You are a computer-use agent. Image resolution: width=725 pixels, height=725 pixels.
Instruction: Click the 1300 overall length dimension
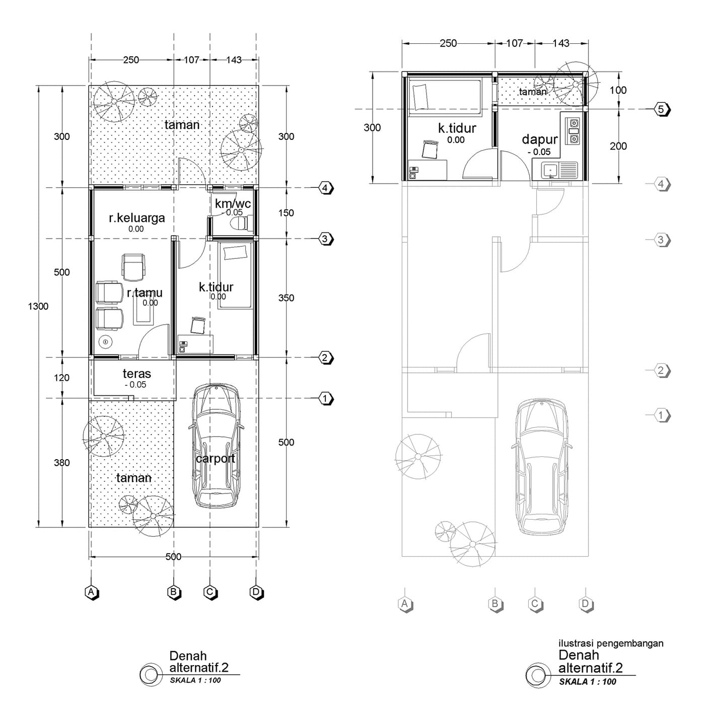[x=38, y=307]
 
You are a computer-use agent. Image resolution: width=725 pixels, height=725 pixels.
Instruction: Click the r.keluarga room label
[x=137, y=218]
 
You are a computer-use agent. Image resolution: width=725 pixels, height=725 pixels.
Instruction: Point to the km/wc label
[x=233, y=204]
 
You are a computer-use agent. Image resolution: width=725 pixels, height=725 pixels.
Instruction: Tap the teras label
[x=137, y=374]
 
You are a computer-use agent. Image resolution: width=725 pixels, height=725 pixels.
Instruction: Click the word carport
[x=215, y=459]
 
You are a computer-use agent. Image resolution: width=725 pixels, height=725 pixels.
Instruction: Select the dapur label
[x=540, y=139]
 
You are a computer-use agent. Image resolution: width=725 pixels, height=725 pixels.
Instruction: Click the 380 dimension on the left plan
[x=61, y=463]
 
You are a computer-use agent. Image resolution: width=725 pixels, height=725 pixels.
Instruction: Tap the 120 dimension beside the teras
[x=61, y=378]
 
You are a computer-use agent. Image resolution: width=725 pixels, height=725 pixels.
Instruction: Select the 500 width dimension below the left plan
[x=173, y=557]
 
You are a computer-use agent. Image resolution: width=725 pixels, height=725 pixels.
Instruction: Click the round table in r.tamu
[x=106, y=342]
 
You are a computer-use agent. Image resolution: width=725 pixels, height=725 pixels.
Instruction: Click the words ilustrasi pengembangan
[x=611, y=643]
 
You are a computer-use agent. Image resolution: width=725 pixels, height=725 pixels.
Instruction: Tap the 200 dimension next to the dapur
[x=618, y=146]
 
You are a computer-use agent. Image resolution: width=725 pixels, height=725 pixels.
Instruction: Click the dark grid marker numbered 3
[x=326, y=239]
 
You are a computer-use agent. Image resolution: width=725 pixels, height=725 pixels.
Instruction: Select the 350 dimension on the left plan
[x=286, y=299]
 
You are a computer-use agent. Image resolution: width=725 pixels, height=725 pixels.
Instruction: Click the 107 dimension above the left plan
[x=191, y=60]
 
